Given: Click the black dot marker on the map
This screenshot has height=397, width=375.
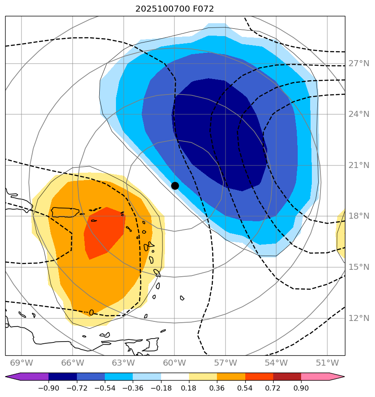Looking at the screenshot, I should (x=175, y=186).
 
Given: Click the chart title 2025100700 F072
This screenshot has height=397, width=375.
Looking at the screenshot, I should (x=174, y=9).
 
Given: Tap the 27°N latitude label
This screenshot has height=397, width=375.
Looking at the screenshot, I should (x=359, y=64).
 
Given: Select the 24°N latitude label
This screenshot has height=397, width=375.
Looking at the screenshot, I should (x=359, y=114).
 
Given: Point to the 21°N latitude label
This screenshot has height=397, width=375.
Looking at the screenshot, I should (x=359, y=165).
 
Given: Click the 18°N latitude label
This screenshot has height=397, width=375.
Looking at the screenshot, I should (x=359, y=216).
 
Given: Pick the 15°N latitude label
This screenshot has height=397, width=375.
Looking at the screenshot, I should (x=359, y=267).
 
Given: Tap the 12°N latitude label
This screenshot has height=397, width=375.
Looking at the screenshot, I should (x=359, y=318).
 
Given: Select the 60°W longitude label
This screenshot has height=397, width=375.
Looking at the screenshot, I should (x=174, y=362).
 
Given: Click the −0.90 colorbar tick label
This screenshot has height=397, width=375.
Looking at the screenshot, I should (x=49, y=388).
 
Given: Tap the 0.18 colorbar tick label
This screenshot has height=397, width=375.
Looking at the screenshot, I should (x=189, y=388).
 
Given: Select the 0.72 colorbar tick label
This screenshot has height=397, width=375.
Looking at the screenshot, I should (x=273, y=388).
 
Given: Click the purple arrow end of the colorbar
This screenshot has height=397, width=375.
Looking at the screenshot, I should (x=13, y=377).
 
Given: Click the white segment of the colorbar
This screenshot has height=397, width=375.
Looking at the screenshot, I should (x=175, y=377).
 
